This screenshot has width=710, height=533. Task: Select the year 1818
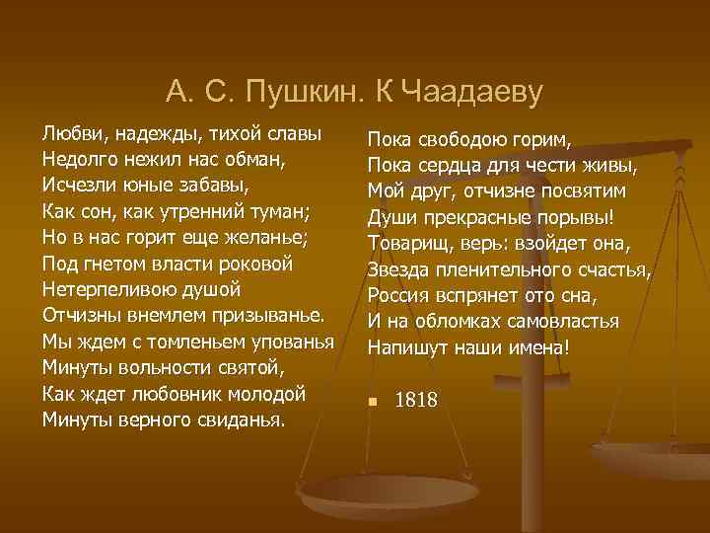click(x=416, y=401)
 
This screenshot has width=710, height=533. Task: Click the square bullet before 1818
click(x=372, y=401)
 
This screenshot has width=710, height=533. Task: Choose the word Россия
click(x=399, y=295)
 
